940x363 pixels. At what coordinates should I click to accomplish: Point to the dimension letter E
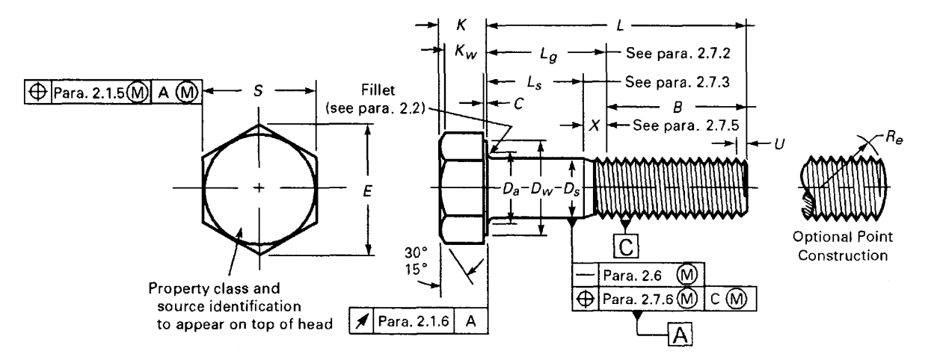(x=366, y=191)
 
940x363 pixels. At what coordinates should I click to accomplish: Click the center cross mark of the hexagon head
(x=259, y=187)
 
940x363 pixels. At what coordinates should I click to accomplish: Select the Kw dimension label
(x=464, y=52)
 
